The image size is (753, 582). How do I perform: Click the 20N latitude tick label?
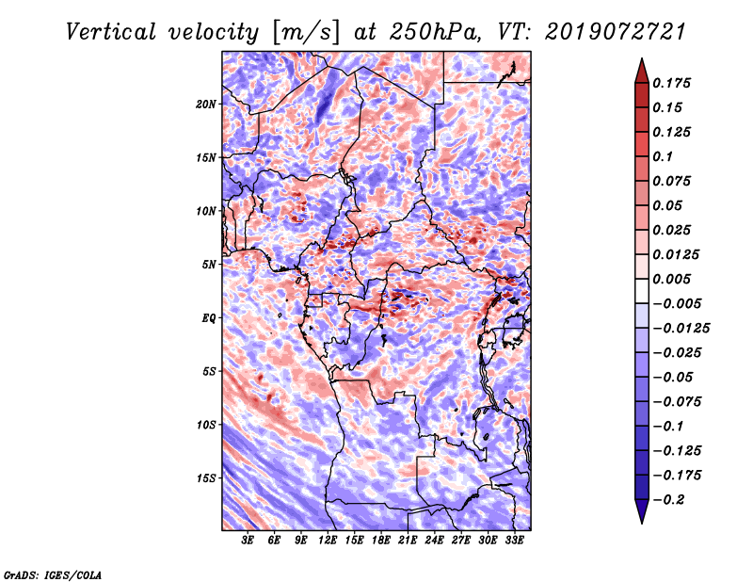point(206,104)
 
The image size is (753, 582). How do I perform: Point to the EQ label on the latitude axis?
point(209,318)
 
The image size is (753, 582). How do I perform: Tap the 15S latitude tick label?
point(206,478)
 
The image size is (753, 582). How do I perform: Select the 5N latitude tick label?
point(209,265)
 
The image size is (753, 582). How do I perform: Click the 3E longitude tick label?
point(248,542)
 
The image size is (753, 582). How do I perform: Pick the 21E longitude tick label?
point(409,542)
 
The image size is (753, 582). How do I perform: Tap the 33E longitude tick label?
point(515,542)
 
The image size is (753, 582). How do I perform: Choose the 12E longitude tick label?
point(328,542)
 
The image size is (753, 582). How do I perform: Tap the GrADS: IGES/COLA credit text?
point(52,574)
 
